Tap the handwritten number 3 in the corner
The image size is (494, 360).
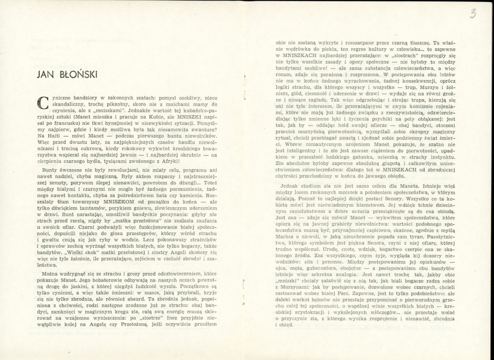[473, 14]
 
